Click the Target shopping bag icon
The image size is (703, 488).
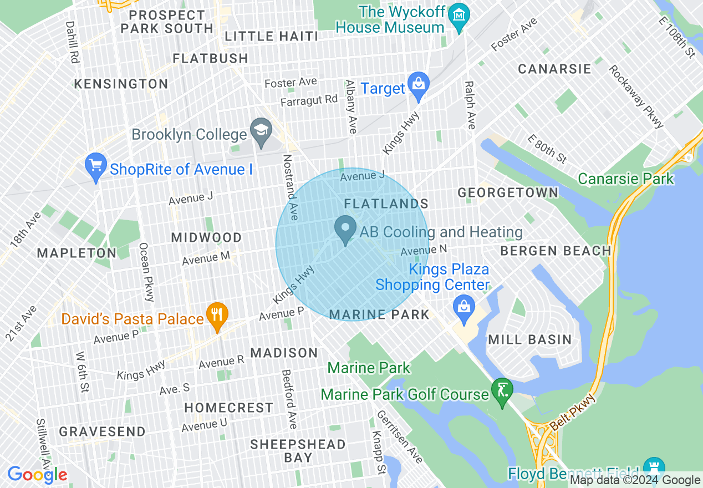click(x=419, y=84)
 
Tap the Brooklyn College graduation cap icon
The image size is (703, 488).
click(x=259, y=131)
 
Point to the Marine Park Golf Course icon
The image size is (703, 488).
click(x=502, y=391)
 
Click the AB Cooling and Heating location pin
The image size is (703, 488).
click(x=346, y=228)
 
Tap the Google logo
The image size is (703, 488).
click(x=37, y=475)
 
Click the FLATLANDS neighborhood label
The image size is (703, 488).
click(x=386, y=204)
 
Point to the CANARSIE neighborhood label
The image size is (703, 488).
click(x=554, y=69)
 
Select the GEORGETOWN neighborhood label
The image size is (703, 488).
click(x=508, y=192)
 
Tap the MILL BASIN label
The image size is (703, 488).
click(x=529, y=339)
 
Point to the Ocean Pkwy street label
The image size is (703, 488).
click(x=146, y=272)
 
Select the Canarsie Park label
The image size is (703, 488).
click(x=625, y=179)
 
